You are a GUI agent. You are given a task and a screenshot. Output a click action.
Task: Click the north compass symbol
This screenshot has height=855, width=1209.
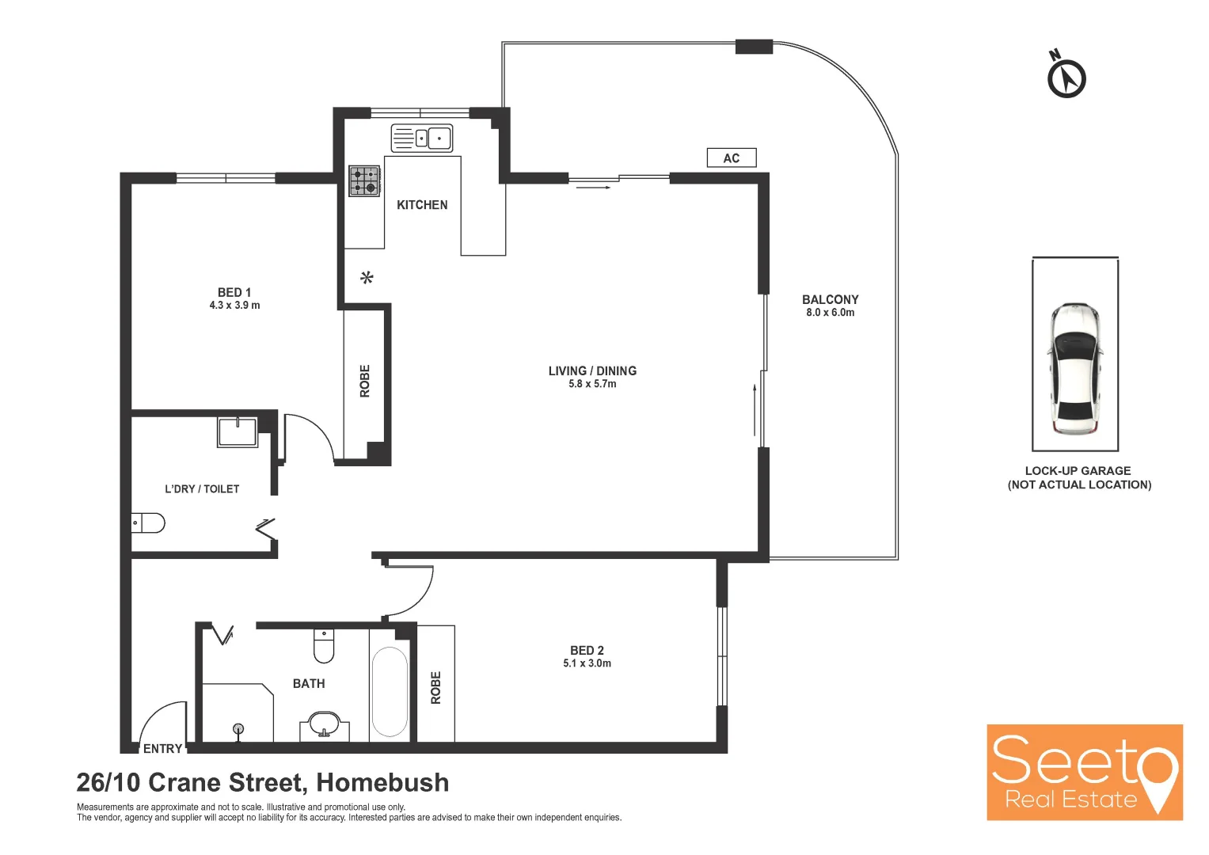1066,78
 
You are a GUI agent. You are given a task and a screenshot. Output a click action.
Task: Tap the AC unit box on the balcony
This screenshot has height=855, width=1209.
732,158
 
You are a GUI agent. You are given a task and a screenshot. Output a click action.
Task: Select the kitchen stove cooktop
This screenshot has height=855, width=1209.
364,180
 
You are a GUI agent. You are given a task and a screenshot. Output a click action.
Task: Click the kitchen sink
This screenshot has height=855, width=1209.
422,139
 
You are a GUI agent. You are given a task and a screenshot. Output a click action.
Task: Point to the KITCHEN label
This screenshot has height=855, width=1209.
422,205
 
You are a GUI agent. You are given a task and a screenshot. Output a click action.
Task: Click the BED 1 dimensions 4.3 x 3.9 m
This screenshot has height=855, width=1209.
234,306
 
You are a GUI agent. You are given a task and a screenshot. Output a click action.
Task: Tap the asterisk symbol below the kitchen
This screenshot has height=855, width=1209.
367,278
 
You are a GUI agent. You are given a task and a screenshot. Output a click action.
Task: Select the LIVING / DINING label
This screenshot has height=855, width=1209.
592,370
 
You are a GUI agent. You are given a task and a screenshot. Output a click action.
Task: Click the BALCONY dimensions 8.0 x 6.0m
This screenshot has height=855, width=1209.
830,313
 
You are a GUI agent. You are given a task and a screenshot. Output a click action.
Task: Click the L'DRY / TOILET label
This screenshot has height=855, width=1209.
202,489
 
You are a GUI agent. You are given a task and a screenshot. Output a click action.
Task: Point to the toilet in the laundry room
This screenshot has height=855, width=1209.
148,522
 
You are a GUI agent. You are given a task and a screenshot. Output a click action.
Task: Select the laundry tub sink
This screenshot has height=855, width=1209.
238,432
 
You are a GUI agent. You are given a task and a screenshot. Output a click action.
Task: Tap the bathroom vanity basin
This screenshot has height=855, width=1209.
324,724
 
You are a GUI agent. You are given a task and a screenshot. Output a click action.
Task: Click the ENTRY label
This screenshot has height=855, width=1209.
163,749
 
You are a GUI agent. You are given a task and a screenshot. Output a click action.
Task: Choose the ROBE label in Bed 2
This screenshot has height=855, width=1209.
435,688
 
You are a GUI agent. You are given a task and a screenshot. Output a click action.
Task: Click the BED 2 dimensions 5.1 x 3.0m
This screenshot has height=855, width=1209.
587,663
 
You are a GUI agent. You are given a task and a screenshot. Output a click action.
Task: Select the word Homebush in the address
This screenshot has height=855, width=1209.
382,782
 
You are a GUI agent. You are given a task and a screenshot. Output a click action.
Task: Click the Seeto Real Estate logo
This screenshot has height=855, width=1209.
1084,772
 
